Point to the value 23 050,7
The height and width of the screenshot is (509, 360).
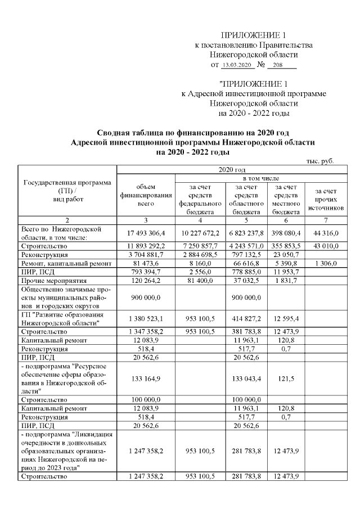285,254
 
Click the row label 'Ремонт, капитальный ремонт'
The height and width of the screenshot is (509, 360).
60,263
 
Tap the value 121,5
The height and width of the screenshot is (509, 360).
285,378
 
